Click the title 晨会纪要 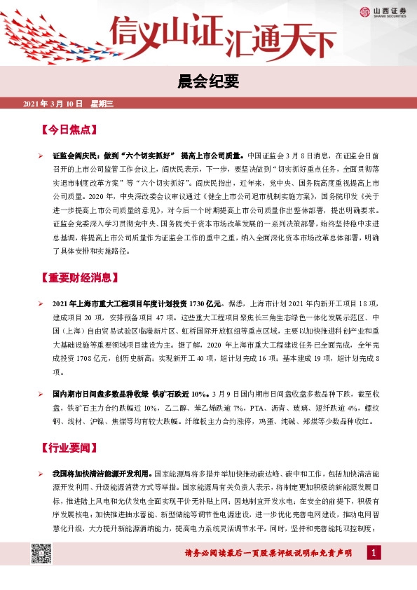click(x=208, y=83)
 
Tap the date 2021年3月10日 click(x=53, y=104)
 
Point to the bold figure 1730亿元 click(x=207, y=303)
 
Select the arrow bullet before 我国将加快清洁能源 click(x=41, y=474)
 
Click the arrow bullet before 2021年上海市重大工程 click(x=41, y=303)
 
